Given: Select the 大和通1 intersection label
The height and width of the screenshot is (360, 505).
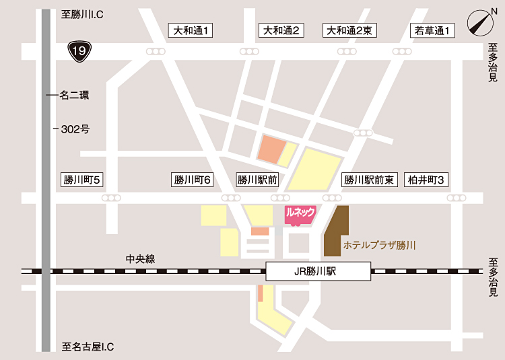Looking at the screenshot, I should coord(191,30).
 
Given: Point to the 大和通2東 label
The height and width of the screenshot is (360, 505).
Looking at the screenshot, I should coord(351,30).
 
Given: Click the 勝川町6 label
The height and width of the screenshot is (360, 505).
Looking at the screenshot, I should coord(193,180).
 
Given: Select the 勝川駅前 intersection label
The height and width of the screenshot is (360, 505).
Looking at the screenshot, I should coord(257,180).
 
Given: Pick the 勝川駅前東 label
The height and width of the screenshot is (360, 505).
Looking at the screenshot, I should coord(368,180).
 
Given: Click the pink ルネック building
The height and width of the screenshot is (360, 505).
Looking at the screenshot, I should coord(300,214).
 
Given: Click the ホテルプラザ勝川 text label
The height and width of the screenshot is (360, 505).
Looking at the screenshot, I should coord(379,246).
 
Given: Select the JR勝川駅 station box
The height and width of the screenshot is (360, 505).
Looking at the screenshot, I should coord(318,272).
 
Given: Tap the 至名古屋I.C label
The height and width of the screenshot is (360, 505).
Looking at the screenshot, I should coord(88,347).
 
